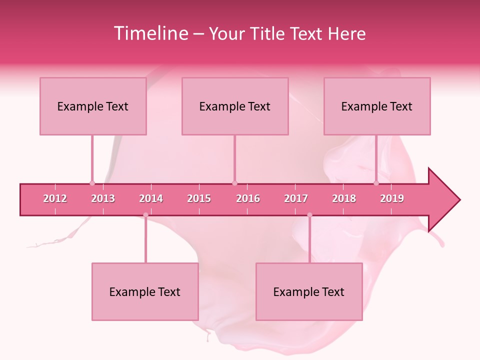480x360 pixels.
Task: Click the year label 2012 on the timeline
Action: click(55, 198)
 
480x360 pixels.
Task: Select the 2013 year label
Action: click(103, 198)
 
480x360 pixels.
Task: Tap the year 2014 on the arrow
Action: click(151, 198)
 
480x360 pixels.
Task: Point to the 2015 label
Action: click(199, 198)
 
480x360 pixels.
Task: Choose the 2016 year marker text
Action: click(248, 198)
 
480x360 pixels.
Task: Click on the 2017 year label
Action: click(296, 198)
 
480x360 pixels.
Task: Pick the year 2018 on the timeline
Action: click(344, 198)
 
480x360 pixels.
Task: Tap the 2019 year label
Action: click(392, 198)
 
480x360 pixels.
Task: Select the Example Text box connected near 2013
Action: click(93, 106)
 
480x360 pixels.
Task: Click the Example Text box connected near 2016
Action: click(235, 106)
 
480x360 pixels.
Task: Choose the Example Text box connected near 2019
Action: click(377, 106)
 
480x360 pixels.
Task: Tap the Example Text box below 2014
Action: click(145, 291)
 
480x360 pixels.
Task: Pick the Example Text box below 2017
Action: click(309, 291)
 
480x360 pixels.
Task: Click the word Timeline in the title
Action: click(150, 33)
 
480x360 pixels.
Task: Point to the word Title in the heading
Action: click(267, 33)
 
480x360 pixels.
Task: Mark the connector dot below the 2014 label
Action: click(145, 215)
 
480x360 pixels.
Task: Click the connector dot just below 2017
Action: click(309, 215)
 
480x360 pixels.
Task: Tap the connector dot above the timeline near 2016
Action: click(234, 183)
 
